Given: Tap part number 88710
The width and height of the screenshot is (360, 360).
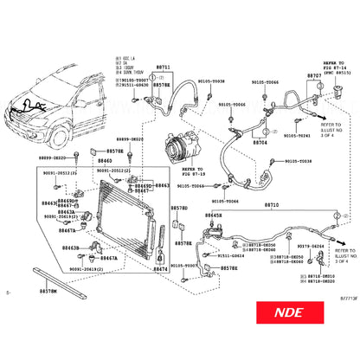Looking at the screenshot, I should (x=271, y=204).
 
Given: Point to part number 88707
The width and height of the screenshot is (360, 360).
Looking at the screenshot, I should (x=314, y=76).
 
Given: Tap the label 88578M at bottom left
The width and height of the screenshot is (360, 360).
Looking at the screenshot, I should (x=48, y=292).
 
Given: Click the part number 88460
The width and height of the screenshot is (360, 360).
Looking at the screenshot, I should (x=105, y=161).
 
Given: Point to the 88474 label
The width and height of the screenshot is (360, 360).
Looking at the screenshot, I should (x=160, y=270).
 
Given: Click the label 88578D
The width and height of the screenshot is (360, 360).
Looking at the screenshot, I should (x=179, y=209).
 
